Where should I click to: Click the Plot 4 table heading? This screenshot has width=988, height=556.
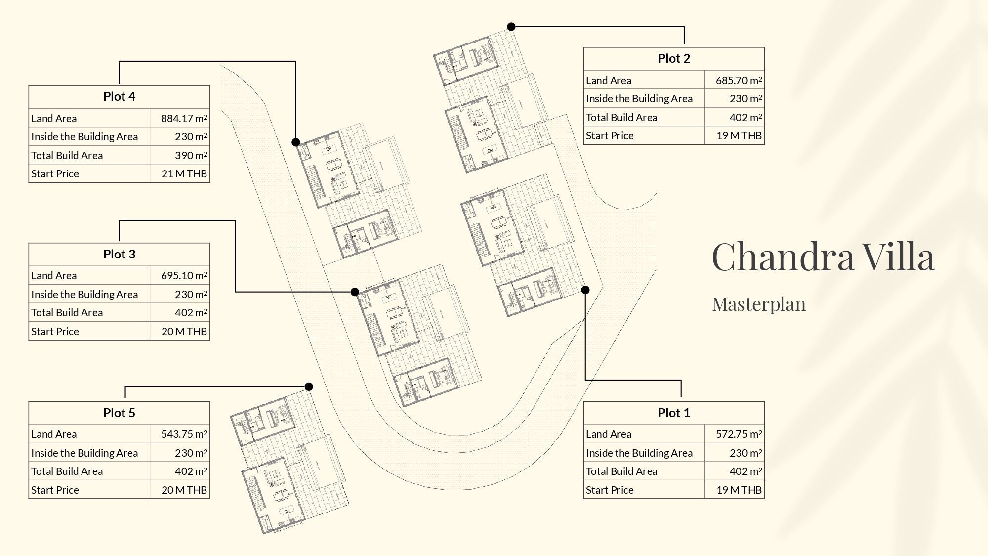pos(119,96)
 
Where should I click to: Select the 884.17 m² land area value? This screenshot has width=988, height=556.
pos(184,119)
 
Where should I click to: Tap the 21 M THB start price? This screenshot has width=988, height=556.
pos(184,174)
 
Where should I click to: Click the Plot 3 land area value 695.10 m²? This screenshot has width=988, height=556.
pos(184,276)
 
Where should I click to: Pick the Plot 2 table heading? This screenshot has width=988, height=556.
pos(674,58)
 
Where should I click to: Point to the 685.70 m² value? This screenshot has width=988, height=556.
pos(739,81)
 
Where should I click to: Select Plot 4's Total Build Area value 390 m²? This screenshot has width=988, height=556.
pos(191,156)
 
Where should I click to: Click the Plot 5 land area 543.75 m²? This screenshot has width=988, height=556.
pos(184,434)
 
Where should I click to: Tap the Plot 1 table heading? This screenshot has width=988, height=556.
pos(674,413)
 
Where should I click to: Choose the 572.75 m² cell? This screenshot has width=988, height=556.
pos(739,434)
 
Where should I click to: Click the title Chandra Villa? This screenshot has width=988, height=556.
pos(823,257)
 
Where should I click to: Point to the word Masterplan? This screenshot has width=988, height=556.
pos(759,304)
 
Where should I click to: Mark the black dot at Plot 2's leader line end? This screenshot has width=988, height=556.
pos(511,27)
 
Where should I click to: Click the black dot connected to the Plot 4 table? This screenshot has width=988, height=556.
pos(296,142)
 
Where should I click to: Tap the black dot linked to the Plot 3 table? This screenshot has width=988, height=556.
pos(355,292)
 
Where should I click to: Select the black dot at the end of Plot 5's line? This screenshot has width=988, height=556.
pos(309,386)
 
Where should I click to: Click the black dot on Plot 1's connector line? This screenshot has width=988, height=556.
pos(585,290)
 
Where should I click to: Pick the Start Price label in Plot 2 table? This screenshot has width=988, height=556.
pos(610,136)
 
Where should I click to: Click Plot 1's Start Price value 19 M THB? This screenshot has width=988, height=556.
pos(739,490)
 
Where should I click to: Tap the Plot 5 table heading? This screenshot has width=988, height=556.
pos(119,413)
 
